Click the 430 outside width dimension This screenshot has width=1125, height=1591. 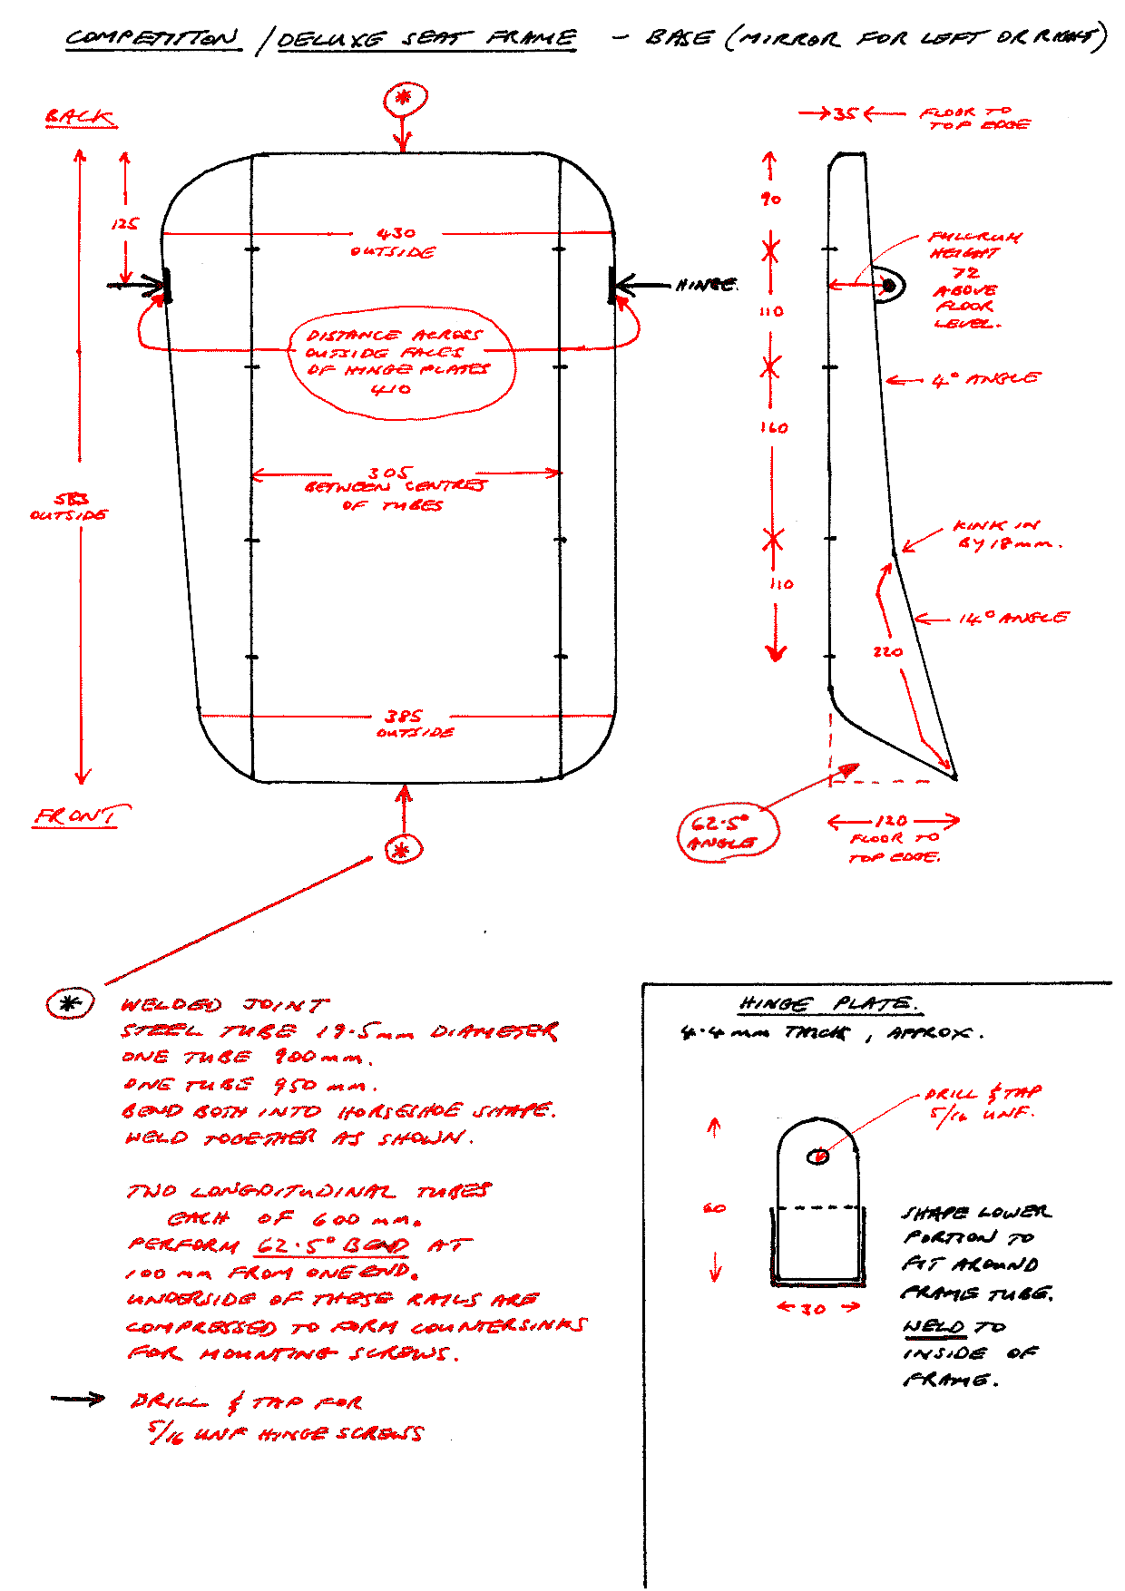[396, 234]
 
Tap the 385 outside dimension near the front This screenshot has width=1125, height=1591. [403, 717]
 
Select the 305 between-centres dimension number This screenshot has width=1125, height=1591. [388, 473]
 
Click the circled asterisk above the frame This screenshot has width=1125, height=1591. [405, 98]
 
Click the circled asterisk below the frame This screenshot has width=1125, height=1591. [403, 850]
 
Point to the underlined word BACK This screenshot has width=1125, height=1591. [81, 117]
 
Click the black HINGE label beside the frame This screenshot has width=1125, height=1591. [705, 285]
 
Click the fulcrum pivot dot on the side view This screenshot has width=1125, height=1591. [889, 287]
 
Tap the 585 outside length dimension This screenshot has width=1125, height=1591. [70, 506]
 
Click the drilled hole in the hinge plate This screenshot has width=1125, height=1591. [818, 1156]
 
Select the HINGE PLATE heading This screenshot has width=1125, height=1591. [828, 1003]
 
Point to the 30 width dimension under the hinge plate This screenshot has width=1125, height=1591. [814, 1308]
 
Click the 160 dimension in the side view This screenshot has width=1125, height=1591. [774, 427]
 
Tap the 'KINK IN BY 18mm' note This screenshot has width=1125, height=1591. [1007, 535]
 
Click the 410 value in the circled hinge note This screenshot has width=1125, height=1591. [391, 390]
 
